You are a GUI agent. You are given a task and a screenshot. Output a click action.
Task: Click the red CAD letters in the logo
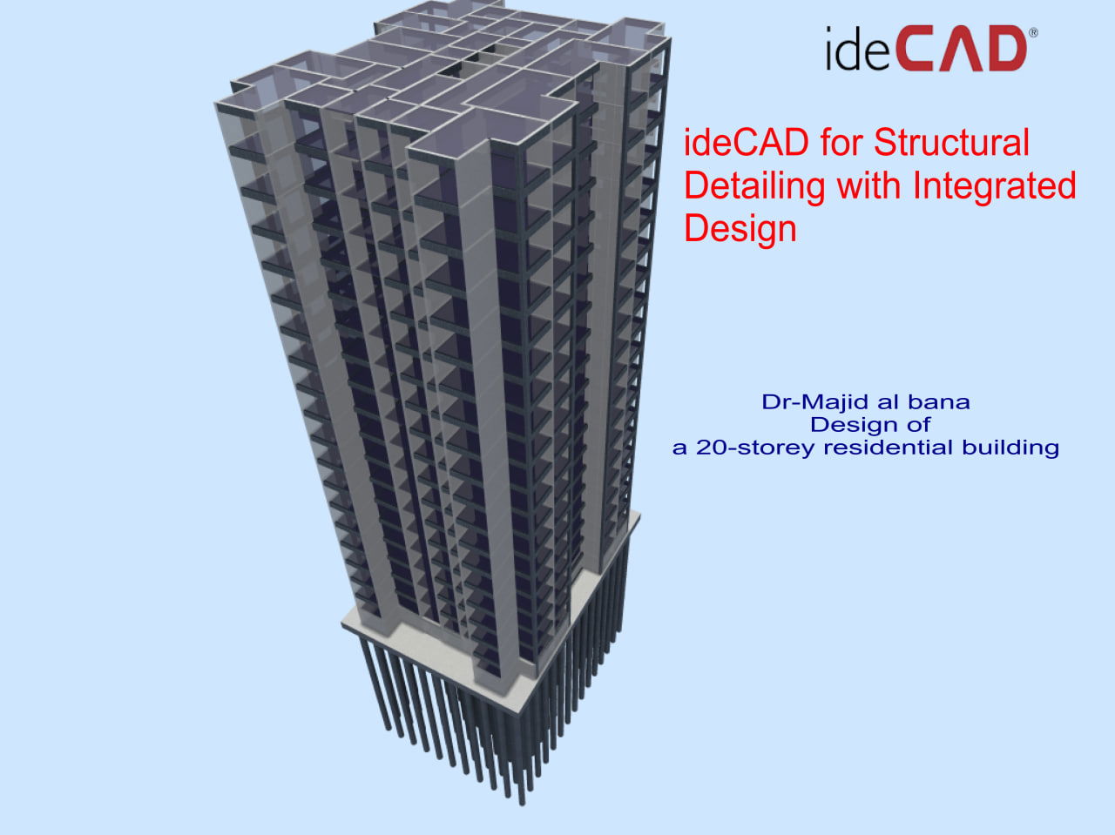962,49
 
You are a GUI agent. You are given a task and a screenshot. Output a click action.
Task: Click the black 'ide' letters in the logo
857,49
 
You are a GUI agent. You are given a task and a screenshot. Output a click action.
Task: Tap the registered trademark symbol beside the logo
1033,33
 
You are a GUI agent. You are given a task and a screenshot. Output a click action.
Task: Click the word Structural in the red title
951,142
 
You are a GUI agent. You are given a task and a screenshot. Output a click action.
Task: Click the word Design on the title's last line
740,231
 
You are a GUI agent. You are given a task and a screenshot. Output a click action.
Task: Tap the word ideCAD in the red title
747,142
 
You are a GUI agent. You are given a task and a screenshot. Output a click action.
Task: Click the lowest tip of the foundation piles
522,804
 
